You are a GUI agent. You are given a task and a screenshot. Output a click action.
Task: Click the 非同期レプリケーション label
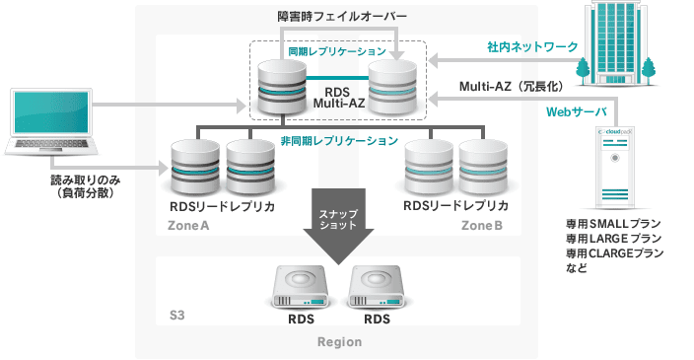pos(339,141)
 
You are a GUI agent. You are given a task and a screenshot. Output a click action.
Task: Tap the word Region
pos(339,342)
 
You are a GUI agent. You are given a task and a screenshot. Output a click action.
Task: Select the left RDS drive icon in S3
pos(300,285)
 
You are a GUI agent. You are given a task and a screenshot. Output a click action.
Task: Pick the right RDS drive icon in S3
pos(377,285)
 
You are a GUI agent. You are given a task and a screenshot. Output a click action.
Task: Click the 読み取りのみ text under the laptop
pos(81,182)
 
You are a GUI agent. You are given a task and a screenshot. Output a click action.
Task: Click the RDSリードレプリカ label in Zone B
pos(456,207)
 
